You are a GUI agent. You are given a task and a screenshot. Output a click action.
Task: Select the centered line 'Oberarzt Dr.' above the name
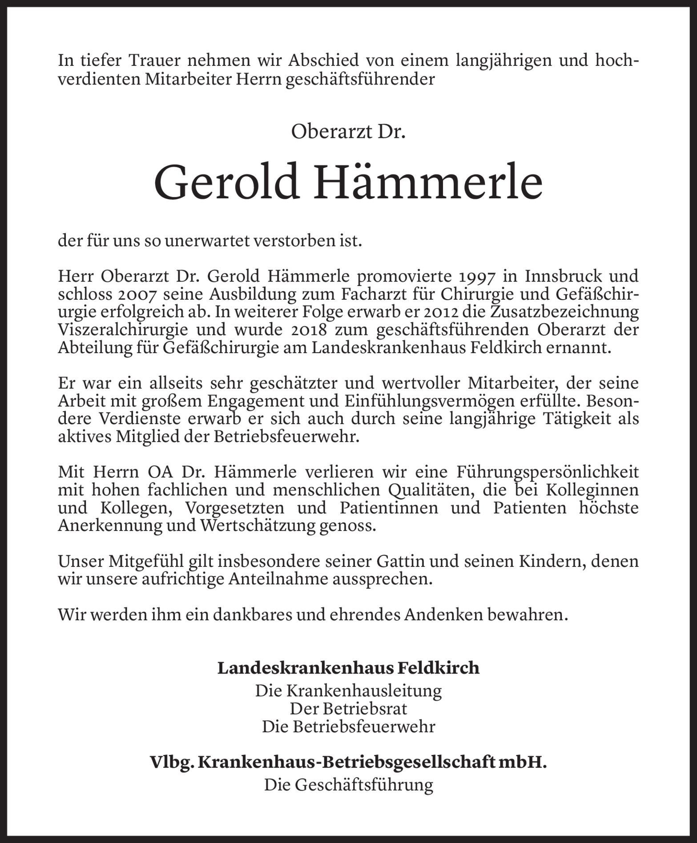pos(348,132)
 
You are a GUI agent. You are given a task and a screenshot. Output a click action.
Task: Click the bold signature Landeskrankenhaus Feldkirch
pos(348,668)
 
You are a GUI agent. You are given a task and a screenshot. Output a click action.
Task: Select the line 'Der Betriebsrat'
pos(348,708)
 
